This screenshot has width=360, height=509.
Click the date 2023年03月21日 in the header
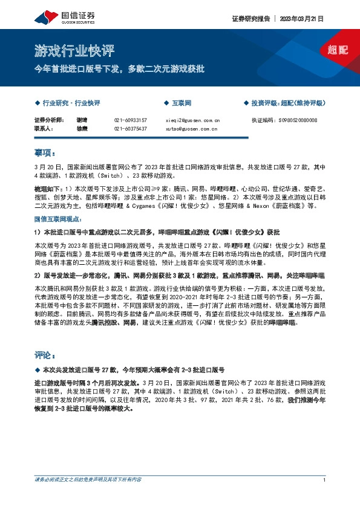coord(303,19)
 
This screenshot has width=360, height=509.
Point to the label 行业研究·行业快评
coord(71,103)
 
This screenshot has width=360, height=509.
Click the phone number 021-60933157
coord(130,120)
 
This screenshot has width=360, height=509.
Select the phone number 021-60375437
coord(130,128)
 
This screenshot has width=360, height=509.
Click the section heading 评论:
coord(45,354)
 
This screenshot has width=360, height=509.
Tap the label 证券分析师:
coord(48,120)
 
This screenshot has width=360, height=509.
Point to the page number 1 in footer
coord(325,479)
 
